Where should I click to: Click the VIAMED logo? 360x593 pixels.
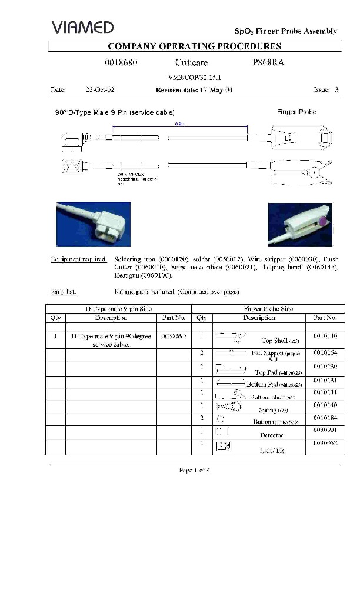pos(83,27)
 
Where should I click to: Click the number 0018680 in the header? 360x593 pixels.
pos(121,61)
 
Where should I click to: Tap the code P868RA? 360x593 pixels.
pos(265,61)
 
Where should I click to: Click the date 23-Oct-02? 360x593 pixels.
pos(99,90)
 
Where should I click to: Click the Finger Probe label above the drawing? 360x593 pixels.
pos(296,112)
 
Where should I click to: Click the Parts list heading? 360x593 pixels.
pos(64,291)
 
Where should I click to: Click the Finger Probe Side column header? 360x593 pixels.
pos(268,308)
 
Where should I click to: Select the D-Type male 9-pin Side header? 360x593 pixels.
pos(119,308)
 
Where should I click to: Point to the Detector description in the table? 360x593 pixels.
pos(272,435)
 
